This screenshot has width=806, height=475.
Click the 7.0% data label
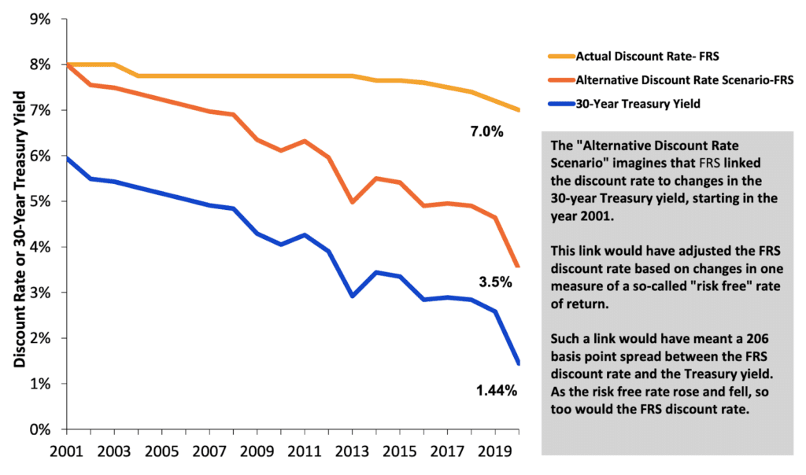(486, 132)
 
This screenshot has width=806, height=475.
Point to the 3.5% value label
(495, 282)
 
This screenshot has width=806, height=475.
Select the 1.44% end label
(497, 391)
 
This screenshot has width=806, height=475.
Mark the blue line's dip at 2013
(352, 296)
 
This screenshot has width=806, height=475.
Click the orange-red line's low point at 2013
(352, 202)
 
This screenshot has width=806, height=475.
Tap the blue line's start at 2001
(68, 158)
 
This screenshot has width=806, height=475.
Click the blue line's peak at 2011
(305, 234)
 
